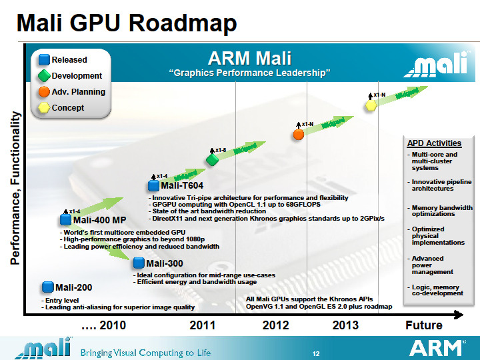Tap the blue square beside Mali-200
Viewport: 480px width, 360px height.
pyautogui.click(x=47, y=287)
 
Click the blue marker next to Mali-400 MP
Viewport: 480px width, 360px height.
pyautogui.click(x=65, y=219)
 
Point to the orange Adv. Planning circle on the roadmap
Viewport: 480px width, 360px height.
pyautogui.click(x=299, y=135)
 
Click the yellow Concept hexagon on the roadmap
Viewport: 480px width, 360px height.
pyautogui.click(x=371, y=107)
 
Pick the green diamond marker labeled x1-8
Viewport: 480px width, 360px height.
pyautogui.click(x=212, y=160)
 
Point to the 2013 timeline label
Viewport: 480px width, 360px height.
pyautogui.click(x=345, y=325)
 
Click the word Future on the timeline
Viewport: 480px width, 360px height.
pyautogui.click(x=423, y=325)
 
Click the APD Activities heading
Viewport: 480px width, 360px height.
pyautogui.click(x=434, y=143)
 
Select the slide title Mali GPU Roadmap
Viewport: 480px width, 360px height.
pyautogui.click(x=127, y=25)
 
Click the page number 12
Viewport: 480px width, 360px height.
pyautogui.click(x=317, y=352)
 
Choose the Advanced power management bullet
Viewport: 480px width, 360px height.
pyautogui.click(x=433, y=265)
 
